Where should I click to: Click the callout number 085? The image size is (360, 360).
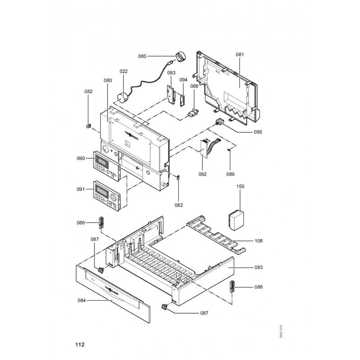[x=142, y=56]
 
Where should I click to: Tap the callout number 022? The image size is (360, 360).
[x=123, y=71]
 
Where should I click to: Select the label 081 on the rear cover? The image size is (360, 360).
[x=239, y=54]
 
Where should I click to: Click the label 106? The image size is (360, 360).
[x=259, y=241]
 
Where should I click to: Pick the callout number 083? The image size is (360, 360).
[x=259, y=267]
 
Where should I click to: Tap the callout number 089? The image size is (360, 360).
[x=230, y=174]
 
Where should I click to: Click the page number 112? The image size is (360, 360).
[x=80, y=345]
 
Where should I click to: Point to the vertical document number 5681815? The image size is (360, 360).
[x=281, y=332]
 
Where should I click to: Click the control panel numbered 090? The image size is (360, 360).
[x=107, y=165]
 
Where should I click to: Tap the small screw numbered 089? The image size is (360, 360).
[x=229, y=149]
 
